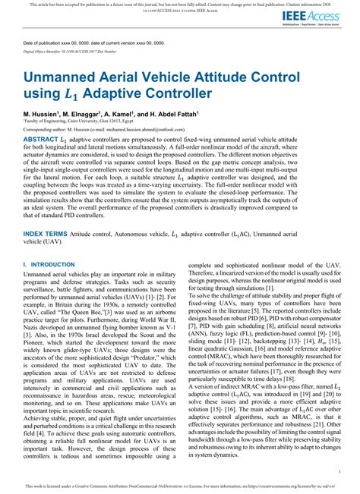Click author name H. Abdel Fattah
pos(168,112)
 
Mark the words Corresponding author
pos(46,130)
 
